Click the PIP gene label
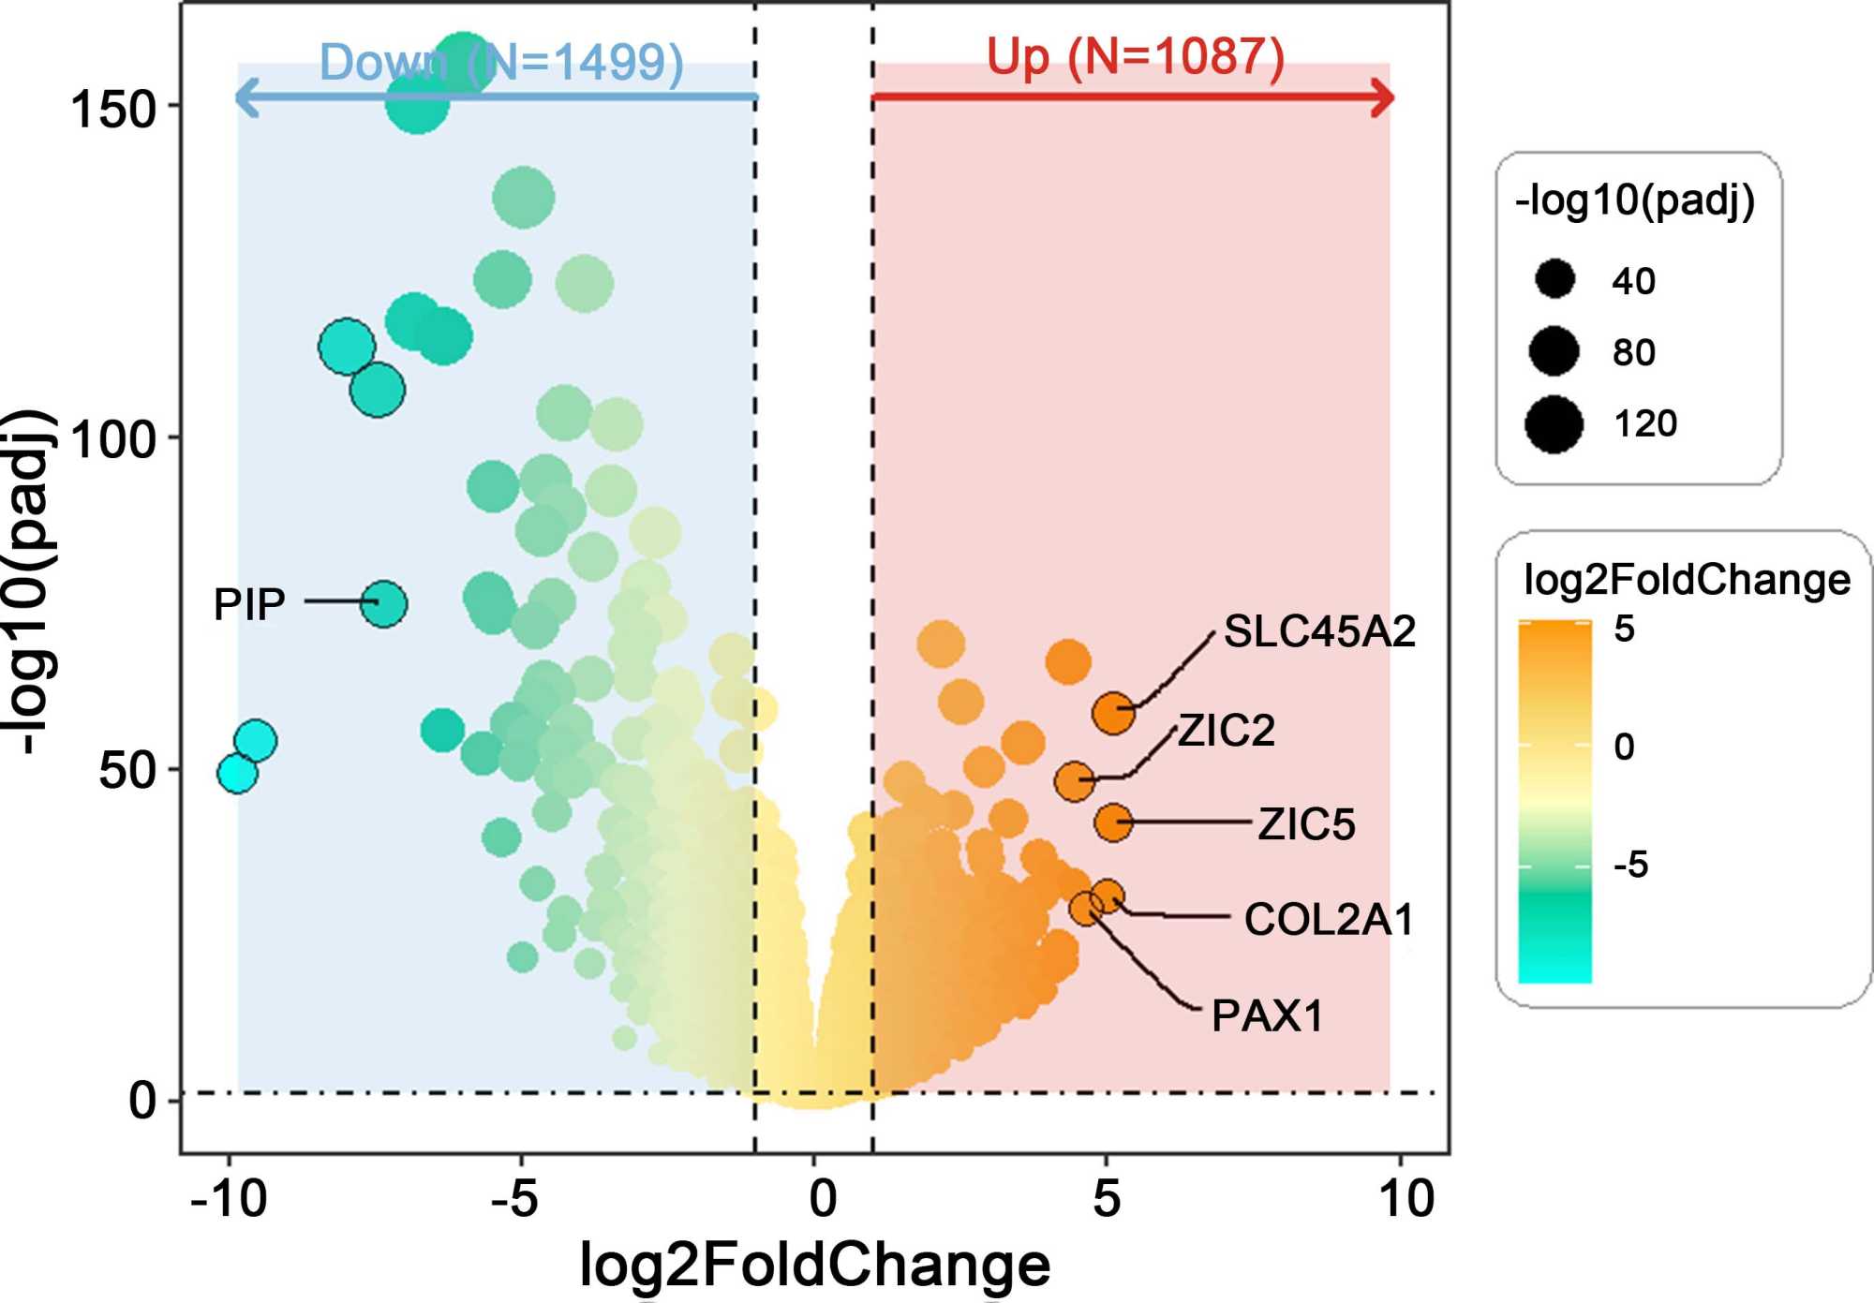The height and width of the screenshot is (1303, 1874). click(249, 604)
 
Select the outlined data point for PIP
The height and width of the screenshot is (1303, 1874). click(384, 603)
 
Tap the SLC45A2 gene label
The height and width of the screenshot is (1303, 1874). click(1319, 631)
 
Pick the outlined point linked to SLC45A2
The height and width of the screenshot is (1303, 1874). click(1113, 713)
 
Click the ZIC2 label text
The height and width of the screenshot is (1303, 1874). click(1227, 731)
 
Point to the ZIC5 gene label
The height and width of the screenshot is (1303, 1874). click(1306, 824)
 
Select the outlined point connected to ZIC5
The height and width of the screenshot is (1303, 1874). click(1113, 822)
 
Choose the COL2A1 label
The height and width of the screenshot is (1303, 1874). click(1329, 920)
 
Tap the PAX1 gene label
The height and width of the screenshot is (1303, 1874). click(1267, 1016)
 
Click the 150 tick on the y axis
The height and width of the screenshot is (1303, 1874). click(112, 110)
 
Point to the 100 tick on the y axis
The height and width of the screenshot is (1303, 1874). click(112, 439)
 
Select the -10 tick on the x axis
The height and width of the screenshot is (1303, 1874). click(229, 1198)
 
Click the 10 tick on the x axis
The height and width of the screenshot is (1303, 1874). click(1406, 1198)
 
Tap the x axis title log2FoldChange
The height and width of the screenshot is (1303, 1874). click(815, 1265)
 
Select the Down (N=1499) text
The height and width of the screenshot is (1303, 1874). click(501, 62)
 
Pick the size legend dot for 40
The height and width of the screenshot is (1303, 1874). click(1554, 279)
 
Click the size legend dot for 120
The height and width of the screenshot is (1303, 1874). click(1554, 423)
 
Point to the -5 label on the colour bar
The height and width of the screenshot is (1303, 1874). click(1630, 865)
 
